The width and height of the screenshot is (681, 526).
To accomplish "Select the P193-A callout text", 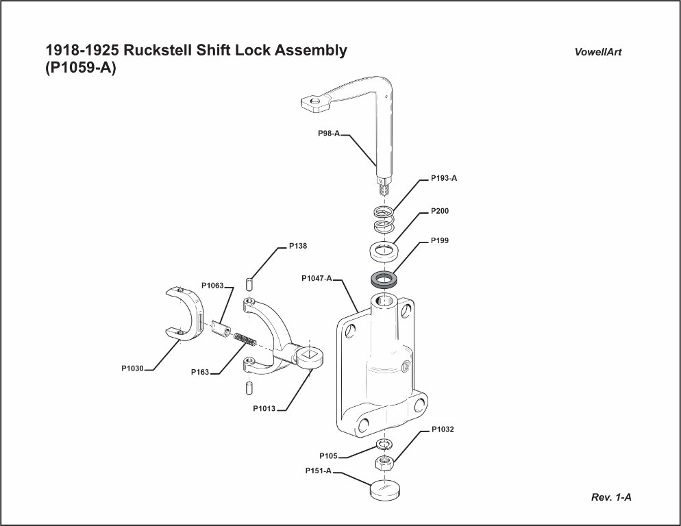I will pyautogui.click(x=443, y=178).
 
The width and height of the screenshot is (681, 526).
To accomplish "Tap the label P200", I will pyautogui.click(x=440, y=211).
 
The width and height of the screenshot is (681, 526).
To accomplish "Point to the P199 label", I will pyautogui.click(x=440, y=241).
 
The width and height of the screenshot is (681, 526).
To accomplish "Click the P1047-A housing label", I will pyautogui.click(x=317, y=279).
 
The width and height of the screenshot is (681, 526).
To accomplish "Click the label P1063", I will pyautogui.click(x=212, y=286).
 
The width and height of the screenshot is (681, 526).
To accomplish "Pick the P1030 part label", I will pyautogui.click(x=133, y=368).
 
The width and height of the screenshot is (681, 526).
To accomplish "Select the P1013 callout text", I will pyautogui.click(x=264, y=409).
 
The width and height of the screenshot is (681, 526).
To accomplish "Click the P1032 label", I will pyautogui.click(x=443, y=429).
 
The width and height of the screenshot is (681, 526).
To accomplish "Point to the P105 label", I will pyautogui.click(x=328, y=455).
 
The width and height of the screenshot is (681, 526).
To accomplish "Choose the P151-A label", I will pyautogui.click(x=319, y=471).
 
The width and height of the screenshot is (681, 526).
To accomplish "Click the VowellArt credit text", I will pyautogui.click(x=598, y=52).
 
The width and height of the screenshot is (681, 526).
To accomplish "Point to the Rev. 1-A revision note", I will pyautogui.click(x=611, y=497).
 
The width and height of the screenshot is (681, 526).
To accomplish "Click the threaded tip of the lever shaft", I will pyautogui.click(x=381, y=185).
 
